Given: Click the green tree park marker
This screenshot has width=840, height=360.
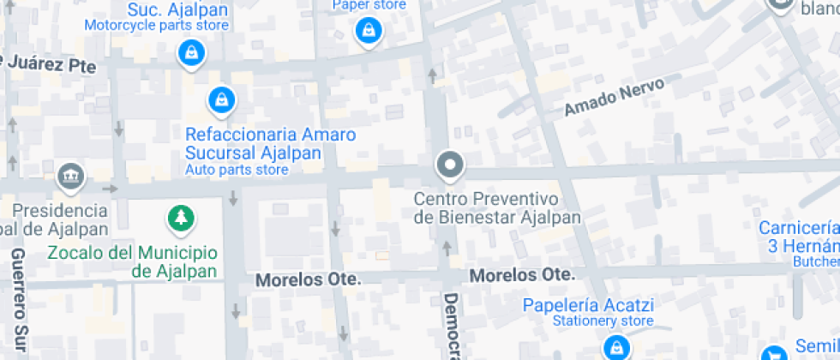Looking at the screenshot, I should [180, 219].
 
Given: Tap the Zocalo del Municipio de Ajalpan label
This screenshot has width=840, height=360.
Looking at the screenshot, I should [132, 262].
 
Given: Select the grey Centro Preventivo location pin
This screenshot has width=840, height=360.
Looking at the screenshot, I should [448, 164].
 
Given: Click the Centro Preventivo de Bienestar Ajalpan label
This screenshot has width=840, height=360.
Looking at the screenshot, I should [497, 208].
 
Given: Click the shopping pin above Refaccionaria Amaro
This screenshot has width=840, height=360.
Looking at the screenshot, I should [222, 99].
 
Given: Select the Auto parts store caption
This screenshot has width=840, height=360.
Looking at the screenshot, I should [237, 170].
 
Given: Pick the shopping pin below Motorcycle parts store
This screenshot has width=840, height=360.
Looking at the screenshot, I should [189, 54].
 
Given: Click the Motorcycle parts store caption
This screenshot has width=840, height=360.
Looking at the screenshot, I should [156, 25].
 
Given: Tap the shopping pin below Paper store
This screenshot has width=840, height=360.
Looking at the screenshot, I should [369, 32].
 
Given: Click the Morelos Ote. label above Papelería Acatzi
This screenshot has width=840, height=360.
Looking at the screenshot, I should [521, 275].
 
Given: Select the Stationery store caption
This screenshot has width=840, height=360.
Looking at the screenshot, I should [591, 321].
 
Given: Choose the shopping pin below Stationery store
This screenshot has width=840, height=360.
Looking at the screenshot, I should [615, 347].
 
